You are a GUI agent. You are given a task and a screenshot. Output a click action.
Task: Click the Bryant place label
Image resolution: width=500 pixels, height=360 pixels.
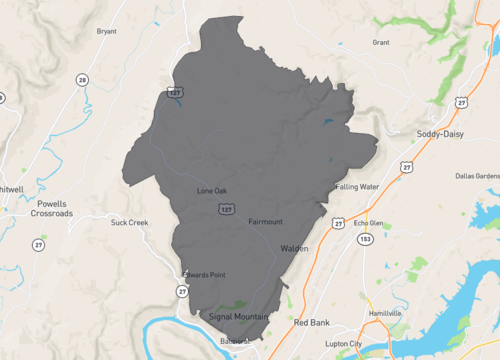click(106, 31)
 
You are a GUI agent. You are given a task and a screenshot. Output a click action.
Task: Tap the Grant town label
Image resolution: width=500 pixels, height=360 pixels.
click(381, 43)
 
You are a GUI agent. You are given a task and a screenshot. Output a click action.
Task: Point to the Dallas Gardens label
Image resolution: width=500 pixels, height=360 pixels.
click(475, 176)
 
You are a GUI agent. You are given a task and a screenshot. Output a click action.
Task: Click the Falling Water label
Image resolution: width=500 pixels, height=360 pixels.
click(357, 186)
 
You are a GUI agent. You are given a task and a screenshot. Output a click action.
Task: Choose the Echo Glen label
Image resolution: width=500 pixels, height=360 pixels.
click(369, 224)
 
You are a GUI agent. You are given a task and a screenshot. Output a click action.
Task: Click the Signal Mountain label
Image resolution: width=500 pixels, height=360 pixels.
click(240, 317)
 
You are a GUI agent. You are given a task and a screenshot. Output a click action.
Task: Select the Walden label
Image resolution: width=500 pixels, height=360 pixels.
click(294, 248)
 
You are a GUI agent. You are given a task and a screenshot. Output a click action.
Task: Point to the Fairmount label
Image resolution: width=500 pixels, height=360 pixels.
click(265, 221)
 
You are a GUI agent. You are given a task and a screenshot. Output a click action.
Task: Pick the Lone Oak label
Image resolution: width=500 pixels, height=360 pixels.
click(212, 190)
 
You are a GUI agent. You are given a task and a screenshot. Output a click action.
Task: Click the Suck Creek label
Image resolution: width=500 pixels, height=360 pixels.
click(130, 222)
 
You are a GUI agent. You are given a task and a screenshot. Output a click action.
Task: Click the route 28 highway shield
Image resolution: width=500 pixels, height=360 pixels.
click(82, 79)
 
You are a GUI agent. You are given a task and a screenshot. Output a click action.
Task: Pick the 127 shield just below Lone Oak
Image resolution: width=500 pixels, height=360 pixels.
click(227, 209)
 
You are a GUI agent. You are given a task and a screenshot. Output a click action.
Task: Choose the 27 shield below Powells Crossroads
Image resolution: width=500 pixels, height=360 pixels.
click(38, 244)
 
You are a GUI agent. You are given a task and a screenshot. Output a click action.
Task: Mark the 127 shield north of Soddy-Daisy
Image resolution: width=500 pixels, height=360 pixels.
click(461, 101)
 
